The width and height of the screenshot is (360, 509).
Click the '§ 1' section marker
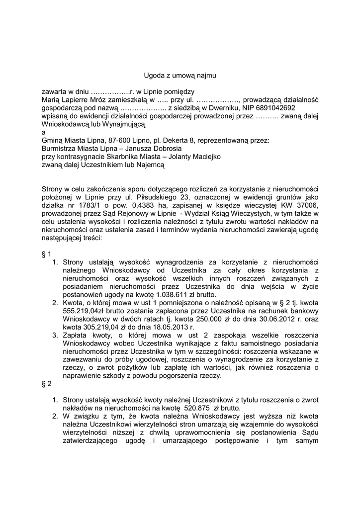[x=46, y=254]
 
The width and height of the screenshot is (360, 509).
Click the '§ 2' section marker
[x=46, y=384]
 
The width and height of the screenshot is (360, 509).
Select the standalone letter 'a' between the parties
[x=43, y=132]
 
